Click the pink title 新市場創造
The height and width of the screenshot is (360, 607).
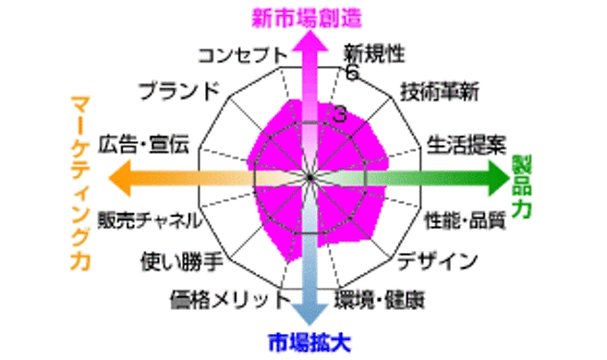click(306, 18)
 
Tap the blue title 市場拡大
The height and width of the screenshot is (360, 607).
click(310, 342)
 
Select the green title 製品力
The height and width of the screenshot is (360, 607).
click(521, 187)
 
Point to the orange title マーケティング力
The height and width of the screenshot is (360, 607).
click(80, 183)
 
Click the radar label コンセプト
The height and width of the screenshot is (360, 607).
click(243, 55)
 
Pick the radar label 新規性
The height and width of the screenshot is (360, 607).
click(374, 54)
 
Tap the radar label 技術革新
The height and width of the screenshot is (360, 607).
click(439, 92)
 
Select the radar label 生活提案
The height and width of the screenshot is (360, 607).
click(466, 145)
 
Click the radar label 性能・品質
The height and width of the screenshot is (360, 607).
click(465, 221)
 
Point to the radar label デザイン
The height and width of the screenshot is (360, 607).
click(437, 261)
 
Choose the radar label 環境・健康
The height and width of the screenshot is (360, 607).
click(379, 299)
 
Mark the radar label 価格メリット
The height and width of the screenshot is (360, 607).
click(230, 299)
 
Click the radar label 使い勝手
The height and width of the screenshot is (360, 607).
click(181, 262)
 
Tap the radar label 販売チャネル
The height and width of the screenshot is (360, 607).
click(149, 221)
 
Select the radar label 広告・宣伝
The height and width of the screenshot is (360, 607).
click(143, 145)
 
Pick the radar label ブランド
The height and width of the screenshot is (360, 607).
click(179, 91)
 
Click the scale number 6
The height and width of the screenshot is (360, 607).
click(353, 72)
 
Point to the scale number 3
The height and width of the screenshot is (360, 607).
click(339, 114)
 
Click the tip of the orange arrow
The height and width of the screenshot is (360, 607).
click(110, 179)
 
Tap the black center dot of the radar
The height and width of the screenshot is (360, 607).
click(310, 178)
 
